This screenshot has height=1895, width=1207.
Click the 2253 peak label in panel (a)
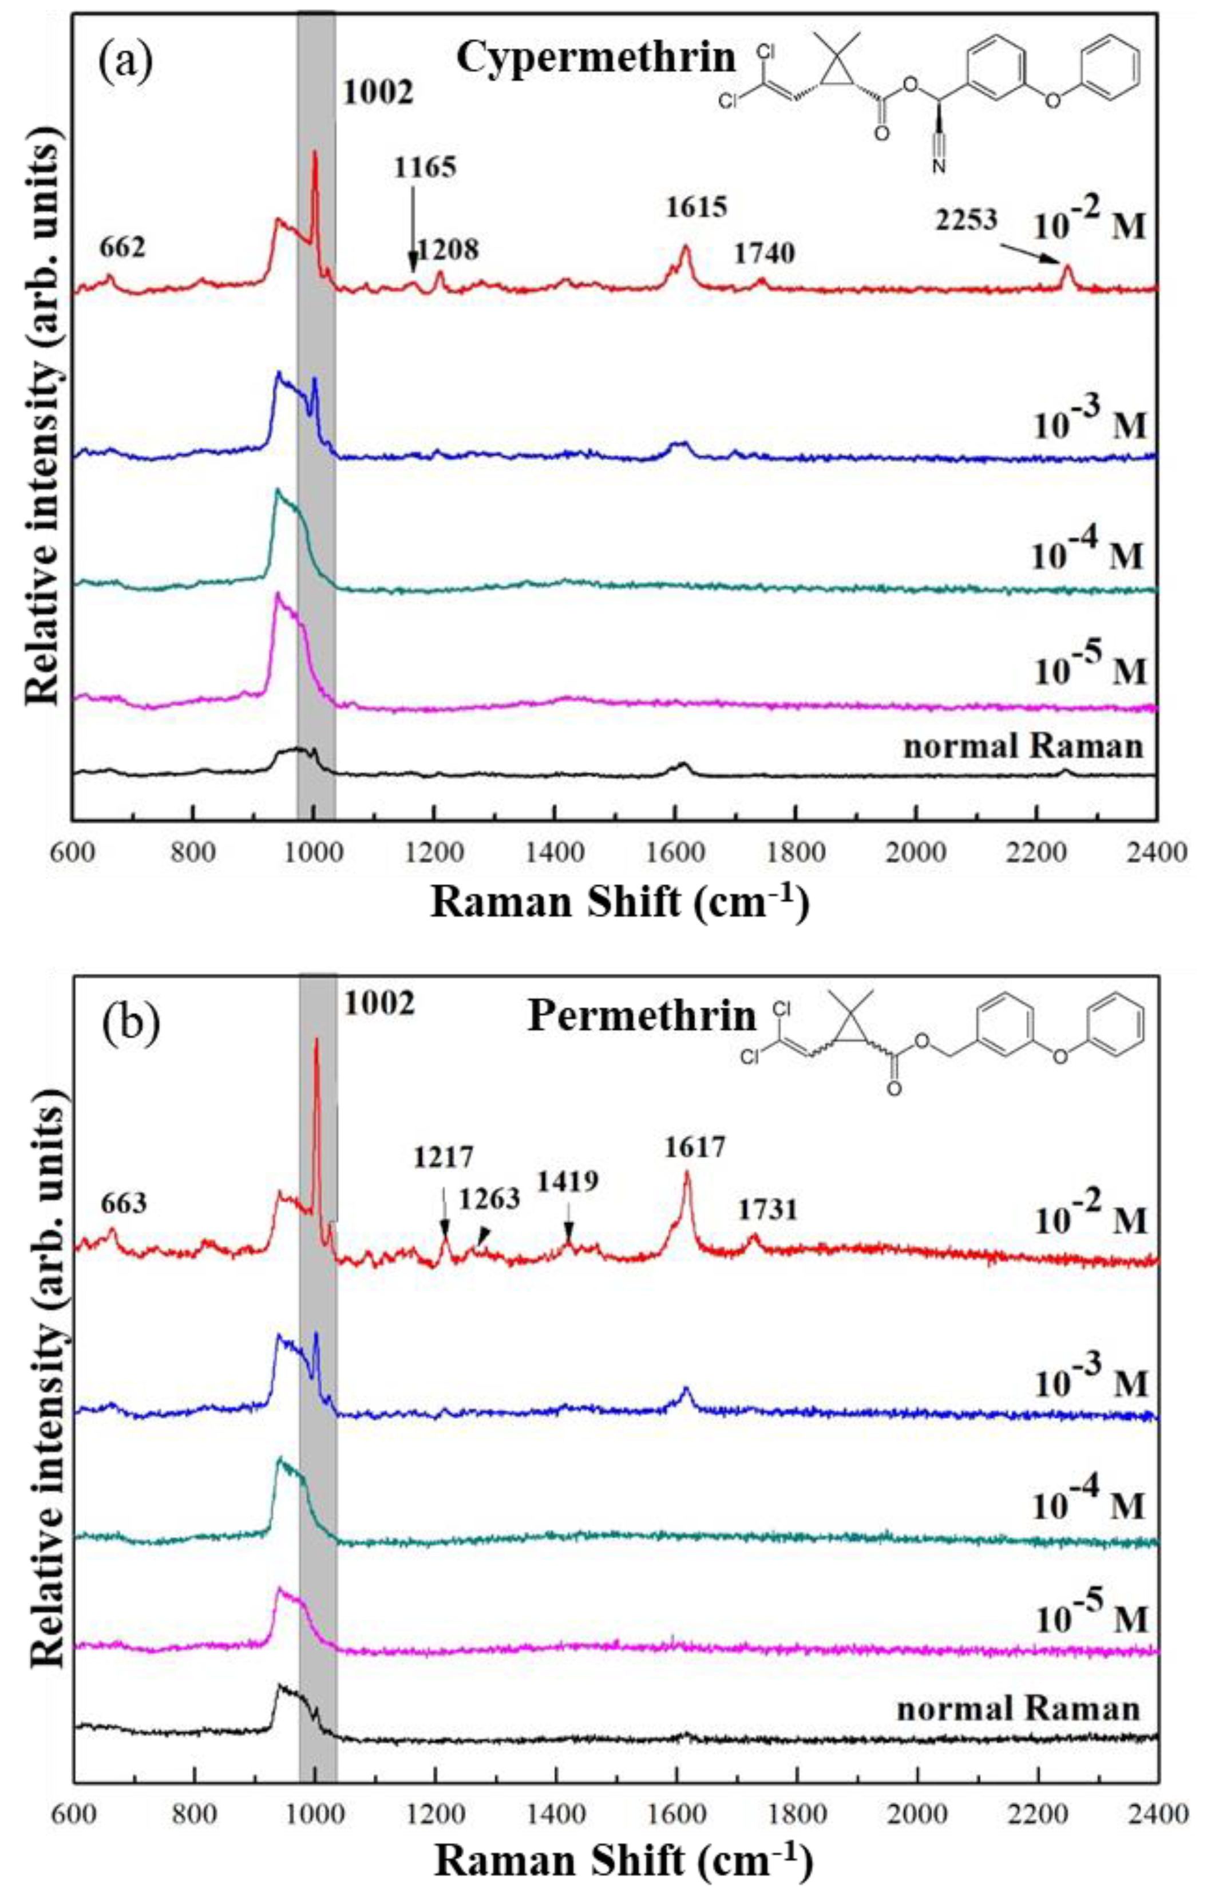tap(965, 220)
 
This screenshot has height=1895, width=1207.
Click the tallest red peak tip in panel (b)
tap(316, 1039)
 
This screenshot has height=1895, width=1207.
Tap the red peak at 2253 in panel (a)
tap(1067, 266)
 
